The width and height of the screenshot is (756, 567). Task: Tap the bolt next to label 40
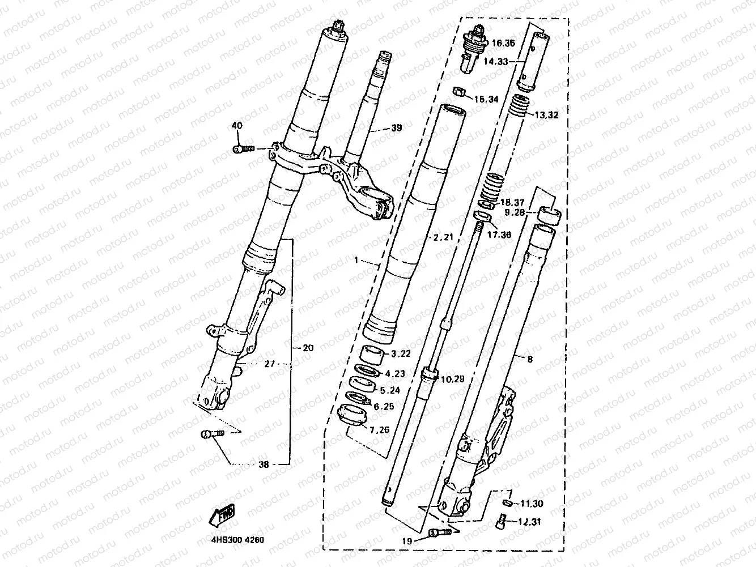click(242, 149)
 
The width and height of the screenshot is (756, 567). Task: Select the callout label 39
click(396, 128)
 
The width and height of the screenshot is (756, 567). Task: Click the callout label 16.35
click(503, 43)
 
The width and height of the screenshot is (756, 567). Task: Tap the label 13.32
click(547, 114)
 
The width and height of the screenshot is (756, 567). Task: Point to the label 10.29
click(453, 379)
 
